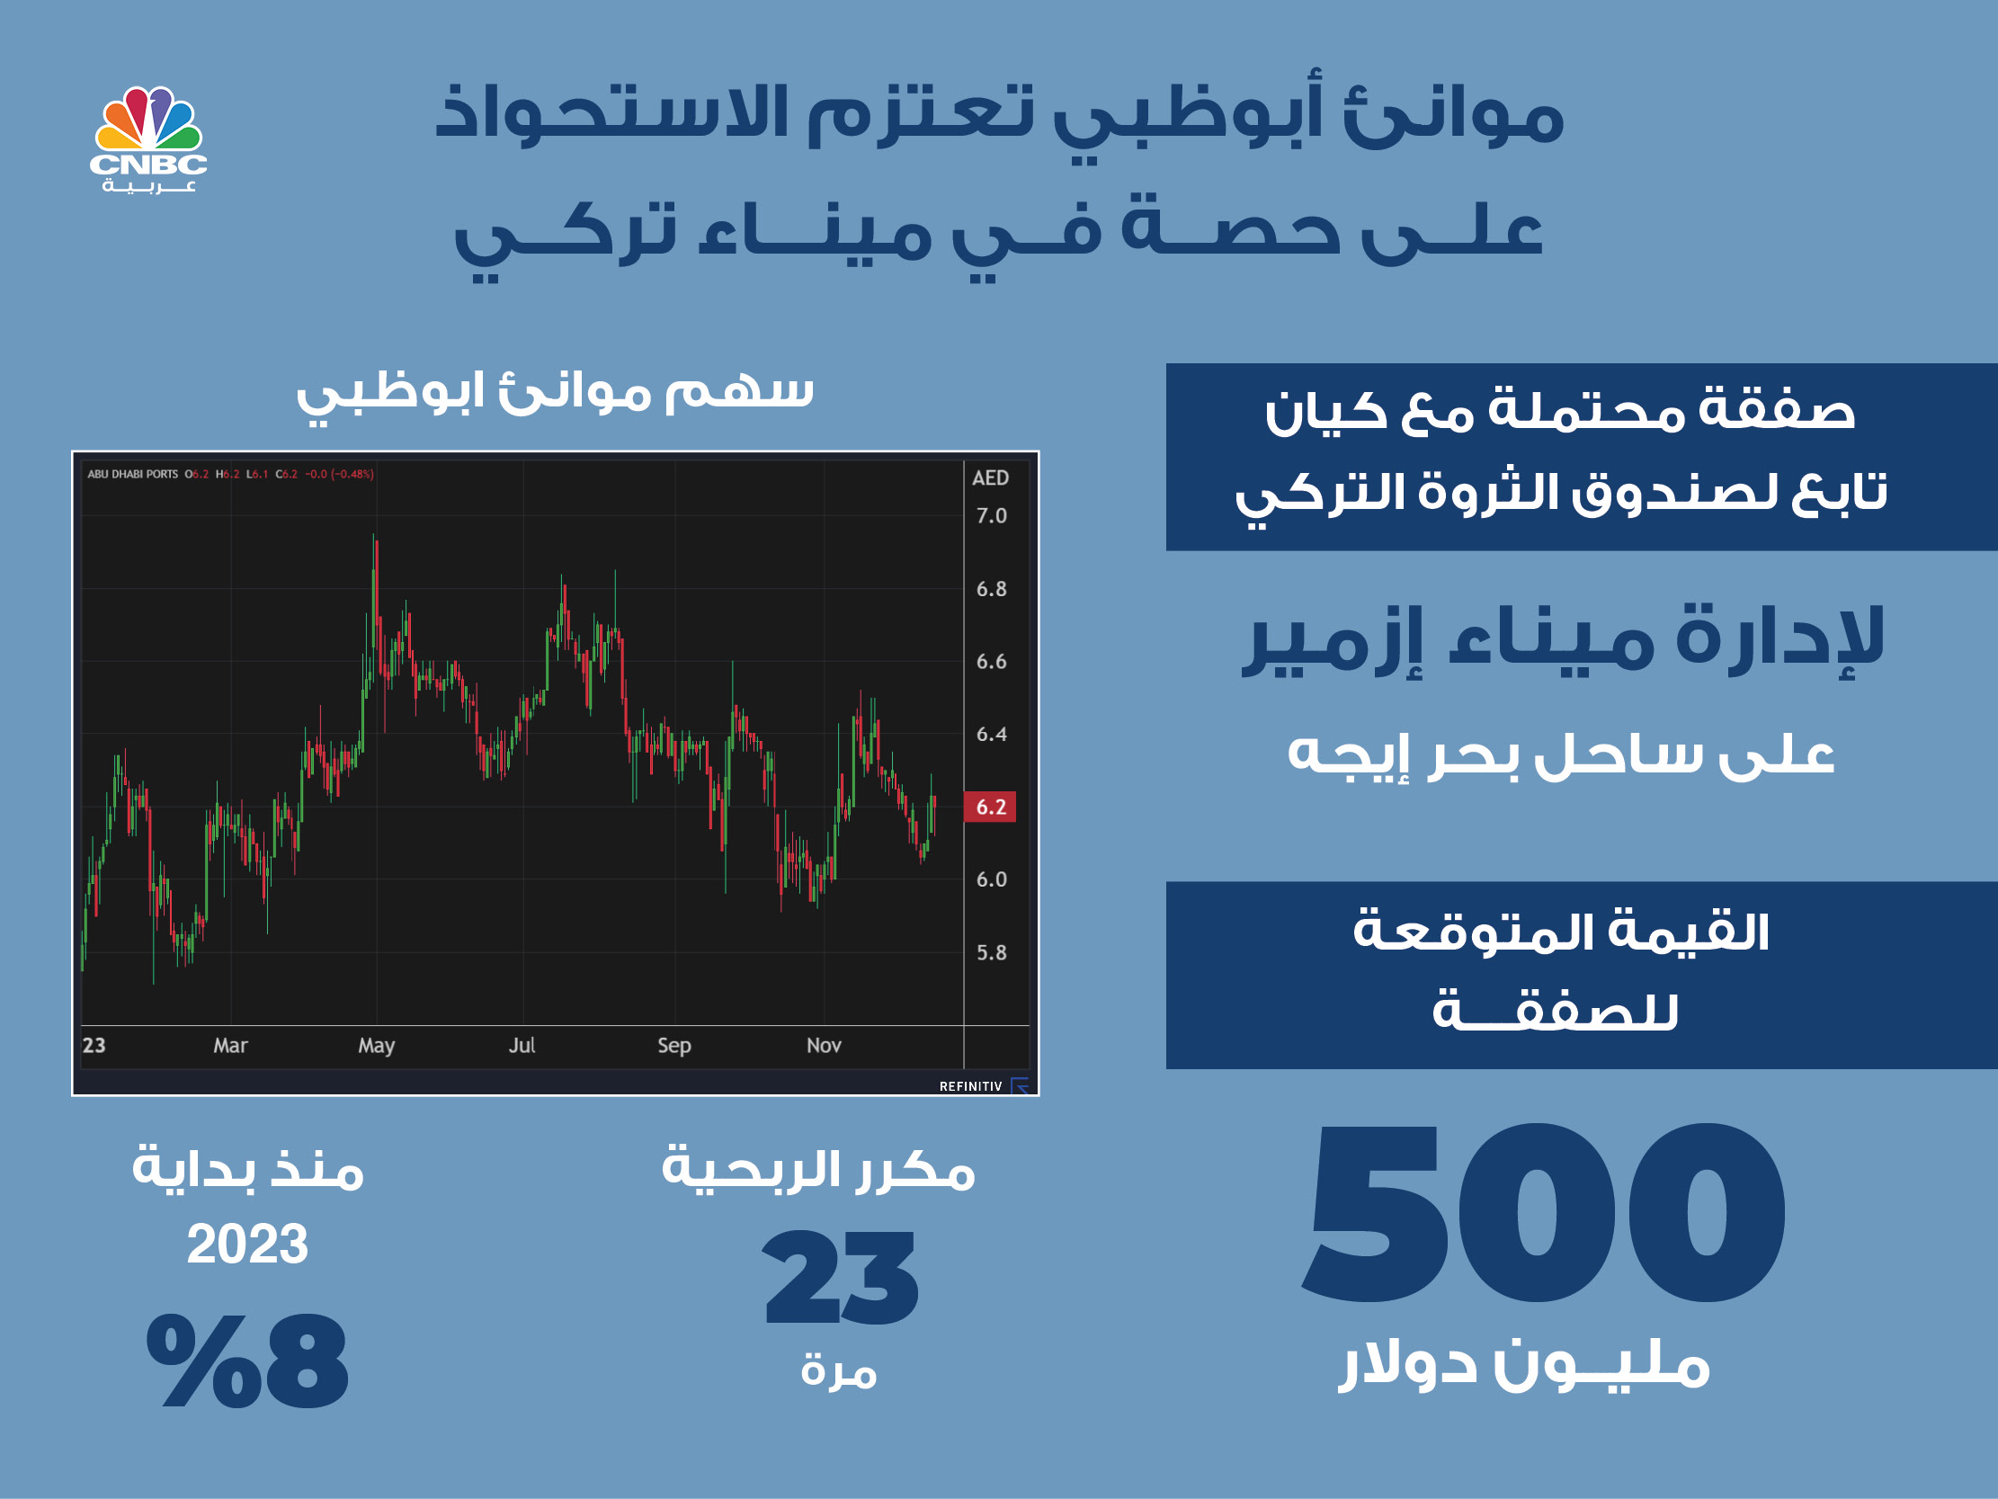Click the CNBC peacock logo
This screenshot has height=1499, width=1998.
pos(148,139)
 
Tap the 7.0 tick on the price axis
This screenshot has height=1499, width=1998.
pos(991,516)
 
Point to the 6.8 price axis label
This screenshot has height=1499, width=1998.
pos(991,589)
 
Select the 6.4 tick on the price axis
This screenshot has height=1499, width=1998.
pos(991,735)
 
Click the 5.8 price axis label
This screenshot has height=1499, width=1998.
pos(991,952)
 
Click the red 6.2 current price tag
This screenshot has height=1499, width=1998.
pos(990,807)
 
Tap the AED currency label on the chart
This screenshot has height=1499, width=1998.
pos(990,478)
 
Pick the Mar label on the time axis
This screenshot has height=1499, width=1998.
pos(230,1046)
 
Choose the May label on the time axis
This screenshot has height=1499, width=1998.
pos(377,1047)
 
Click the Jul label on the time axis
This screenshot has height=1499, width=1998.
pos(522,1046)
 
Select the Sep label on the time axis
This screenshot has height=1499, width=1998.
pos(673,1047)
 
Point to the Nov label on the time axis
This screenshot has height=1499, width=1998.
pos(824,1046)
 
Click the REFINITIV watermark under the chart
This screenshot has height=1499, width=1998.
pos(971,1086)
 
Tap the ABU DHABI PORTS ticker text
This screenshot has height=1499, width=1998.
pos(133,475)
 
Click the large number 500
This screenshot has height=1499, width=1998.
pos(1544,1212)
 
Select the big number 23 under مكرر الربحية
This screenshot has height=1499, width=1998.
pos(841,1277)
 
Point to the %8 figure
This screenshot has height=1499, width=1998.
pos(247,1361)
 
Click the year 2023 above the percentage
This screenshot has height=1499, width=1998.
pos(247,1245)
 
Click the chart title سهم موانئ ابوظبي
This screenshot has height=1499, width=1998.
pos(556,394)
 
